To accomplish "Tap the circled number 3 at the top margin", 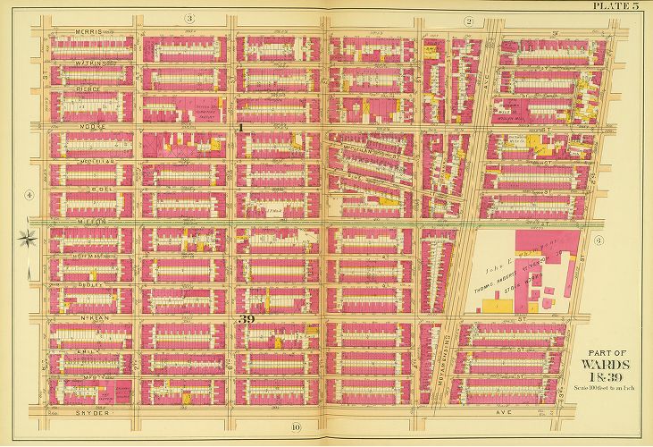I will coord(189,19).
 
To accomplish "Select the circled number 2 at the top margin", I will coord(467,20).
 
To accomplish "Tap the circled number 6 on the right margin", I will coord(599,240).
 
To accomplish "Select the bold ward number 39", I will coord(249,319).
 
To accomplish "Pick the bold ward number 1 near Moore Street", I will coord(239,129).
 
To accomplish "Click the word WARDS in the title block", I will coord(605,365).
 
